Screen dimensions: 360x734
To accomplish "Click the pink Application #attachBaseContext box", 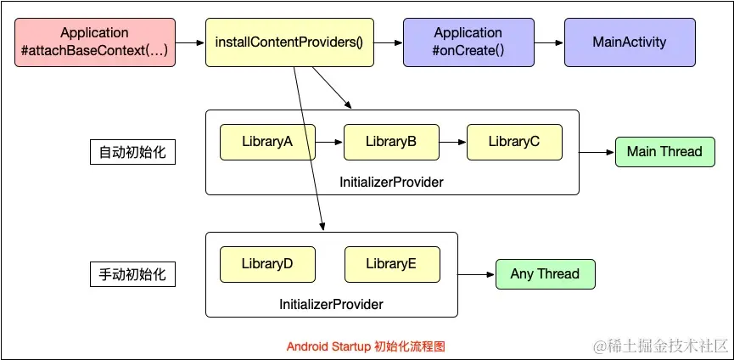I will [94, 42].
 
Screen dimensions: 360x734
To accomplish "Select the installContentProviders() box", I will [289, 42].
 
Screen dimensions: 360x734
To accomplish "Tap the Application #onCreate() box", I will [468, 42].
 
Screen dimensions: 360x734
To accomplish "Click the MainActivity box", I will [630, 42].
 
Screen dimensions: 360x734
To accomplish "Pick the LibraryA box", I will [267, 142].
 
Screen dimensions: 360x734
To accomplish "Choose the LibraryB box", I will [391, 142].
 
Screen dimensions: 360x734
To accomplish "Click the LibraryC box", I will [514, 142].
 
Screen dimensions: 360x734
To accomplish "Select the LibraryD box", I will [267, 264].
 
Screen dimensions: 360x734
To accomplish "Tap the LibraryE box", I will [391, 264].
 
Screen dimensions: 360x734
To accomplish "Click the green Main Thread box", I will [664, 152].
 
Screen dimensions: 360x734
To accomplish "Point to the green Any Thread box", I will [545, 274].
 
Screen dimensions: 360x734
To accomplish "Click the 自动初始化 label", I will [132, 153].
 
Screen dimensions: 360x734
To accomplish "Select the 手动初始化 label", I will [132, 275].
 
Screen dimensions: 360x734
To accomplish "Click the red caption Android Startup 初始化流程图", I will [366, 346].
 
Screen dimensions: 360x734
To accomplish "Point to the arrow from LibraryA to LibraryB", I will [329, 143].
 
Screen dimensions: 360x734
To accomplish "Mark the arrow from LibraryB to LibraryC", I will [453, 143].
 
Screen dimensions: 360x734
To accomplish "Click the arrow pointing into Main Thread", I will [597, 153].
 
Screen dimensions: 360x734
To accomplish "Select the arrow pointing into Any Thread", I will [476, 274].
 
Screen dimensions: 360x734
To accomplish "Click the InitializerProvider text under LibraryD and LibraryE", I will [332, 304].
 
